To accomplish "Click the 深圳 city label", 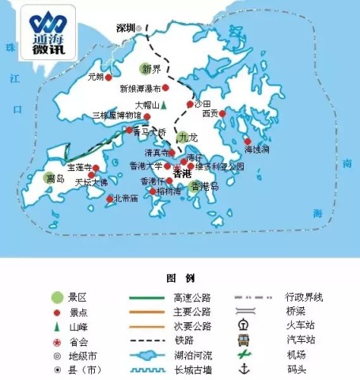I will click(125, 28).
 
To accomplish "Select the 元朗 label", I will click(96, 78).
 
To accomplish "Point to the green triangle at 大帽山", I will click(165, 104).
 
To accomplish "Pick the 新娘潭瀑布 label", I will click(139, 89).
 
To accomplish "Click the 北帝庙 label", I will click(126, 199).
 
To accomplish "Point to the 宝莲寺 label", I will click(78, 168).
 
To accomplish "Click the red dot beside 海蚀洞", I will click(248, 142).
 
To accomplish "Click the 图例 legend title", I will click(180, 279).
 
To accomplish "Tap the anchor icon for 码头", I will click(244, 369).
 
